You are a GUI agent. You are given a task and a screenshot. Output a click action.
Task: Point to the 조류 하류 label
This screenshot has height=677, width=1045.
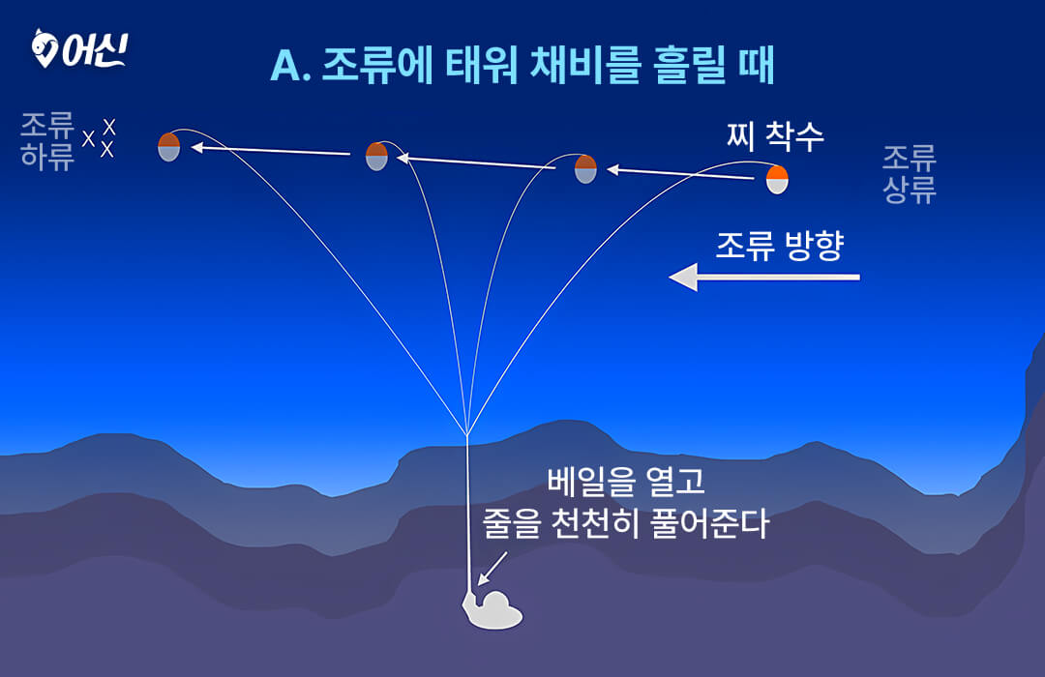tap(46, 141)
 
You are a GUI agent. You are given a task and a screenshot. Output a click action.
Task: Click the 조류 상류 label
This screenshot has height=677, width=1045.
tap(909, 174)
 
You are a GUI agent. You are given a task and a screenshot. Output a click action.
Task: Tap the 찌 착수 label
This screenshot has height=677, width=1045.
tap(775, 136)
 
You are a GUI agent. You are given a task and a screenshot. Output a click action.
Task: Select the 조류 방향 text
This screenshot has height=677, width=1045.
tap(780, 246)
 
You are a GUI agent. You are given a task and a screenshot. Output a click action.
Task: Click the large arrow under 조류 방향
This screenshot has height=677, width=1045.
tap(763, 277)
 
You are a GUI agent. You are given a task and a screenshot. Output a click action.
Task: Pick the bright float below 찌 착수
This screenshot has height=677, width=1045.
tap(777, 180)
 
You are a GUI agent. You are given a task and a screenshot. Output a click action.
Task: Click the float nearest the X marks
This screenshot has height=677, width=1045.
tap(169, 147)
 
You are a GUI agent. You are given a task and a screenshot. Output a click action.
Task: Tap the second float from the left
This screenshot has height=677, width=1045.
tap(376, 157)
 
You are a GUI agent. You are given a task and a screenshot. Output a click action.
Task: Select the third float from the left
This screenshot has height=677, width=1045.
tap(585, 168)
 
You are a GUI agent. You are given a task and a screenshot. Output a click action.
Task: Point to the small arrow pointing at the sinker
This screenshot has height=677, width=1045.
tap(493, 568)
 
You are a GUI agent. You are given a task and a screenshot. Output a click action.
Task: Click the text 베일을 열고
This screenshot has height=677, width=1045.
tap(625, 481)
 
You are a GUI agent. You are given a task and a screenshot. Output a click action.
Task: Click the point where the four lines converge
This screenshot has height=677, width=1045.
tap(467, 434)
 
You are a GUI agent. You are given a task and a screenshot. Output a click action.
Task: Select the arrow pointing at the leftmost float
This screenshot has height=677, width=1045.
tap(271, 151)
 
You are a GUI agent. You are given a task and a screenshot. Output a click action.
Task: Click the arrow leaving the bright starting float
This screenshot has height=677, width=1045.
tap(680, 174)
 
